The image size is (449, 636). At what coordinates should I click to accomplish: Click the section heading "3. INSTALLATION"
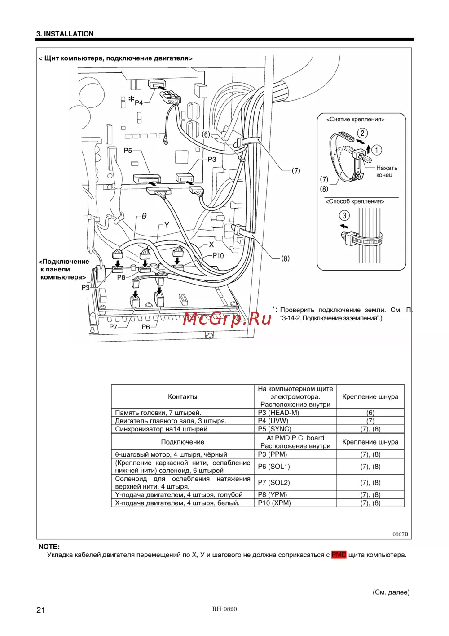coord(65,34)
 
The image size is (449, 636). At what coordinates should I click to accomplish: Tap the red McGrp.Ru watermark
coord(227,318)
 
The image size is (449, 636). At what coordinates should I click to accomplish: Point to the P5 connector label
coord(128,151)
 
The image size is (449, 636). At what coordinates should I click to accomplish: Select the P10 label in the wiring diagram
coord(218,255)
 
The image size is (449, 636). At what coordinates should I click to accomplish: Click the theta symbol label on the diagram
coord(144,216)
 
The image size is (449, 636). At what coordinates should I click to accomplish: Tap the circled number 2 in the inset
coord(362,133)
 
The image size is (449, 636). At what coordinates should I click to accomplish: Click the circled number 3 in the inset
coord(344,215)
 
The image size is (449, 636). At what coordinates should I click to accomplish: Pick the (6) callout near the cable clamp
coord(206,134)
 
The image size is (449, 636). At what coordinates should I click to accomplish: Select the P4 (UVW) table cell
coord(273,421)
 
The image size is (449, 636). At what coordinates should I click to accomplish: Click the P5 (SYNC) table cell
coord(274,429)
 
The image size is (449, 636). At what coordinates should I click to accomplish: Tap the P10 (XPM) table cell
coord(274,503)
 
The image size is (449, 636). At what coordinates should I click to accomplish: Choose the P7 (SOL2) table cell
coord(274,482)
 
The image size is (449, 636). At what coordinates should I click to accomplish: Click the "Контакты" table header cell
coord(182,396)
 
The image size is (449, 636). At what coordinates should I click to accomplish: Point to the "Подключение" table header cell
coord(182,442)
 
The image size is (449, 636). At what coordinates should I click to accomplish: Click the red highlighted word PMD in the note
coord(339,555)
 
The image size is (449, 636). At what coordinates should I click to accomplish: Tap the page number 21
coord(41,610)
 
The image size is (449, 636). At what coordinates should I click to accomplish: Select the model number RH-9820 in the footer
coord(224,609)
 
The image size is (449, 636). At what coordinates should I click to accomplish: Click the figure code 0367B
coord(400,534)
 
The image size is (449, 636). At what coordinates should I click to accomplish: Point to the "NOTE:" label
coord(49,547)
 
